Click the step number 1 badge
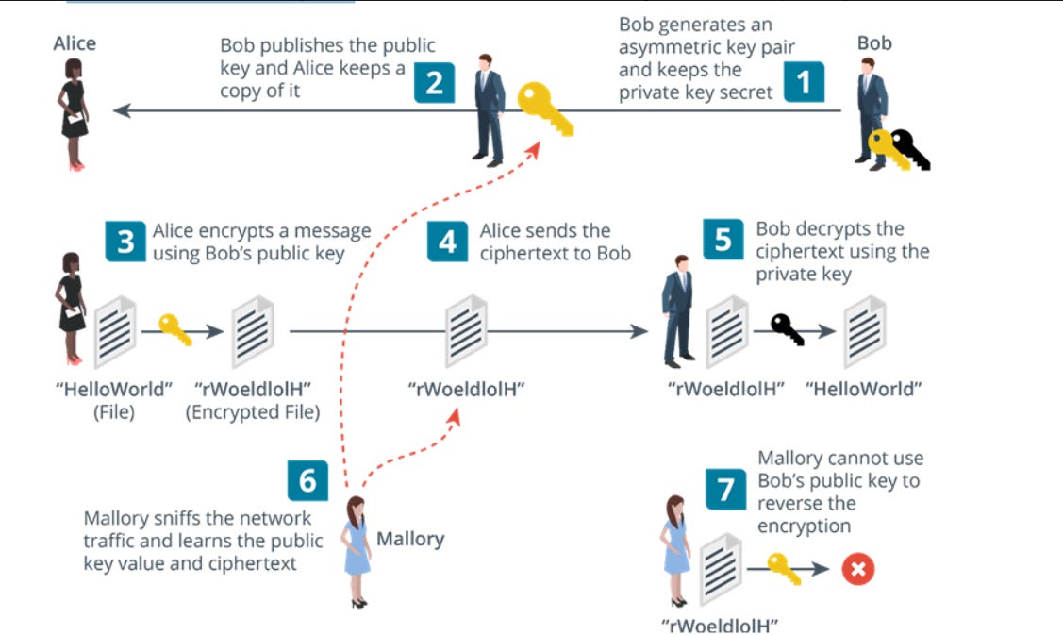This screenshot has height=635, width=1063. pos(804,82)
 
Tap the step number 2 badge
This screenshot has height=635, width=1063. pos(434,82)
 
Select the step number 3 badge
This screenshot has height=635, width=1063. pos(125,242)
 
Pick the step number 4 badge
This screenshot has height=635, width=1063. pos(447,242)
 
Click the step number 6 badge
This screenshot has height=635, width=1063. pos(307,480)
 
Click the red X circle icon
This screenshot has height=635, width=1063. pos(858,569)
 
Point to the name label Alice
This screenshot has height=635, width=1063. pos(75,44)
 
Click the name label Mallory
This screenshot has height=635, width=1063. pos(410,540)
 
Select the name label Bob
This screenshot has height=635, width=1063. pos(874,43)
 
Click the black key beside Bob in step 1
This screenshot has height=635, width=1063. pos(911,149)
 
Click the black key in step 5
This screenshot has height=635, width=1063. pos(788,328)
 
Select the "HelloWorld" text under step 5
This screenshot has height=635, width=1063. pos(863,389)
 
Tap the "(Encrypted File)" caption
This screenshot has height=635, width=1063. pos(252,411)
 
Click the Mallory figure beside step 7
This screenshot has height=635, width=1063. pos(675,549)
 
